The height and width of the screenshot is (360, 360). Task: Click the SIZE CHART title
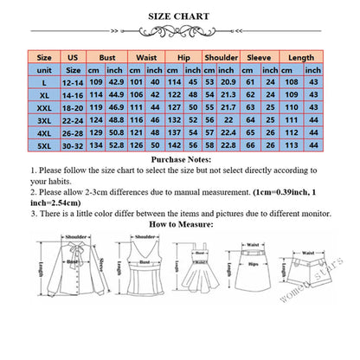[179, 16]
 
